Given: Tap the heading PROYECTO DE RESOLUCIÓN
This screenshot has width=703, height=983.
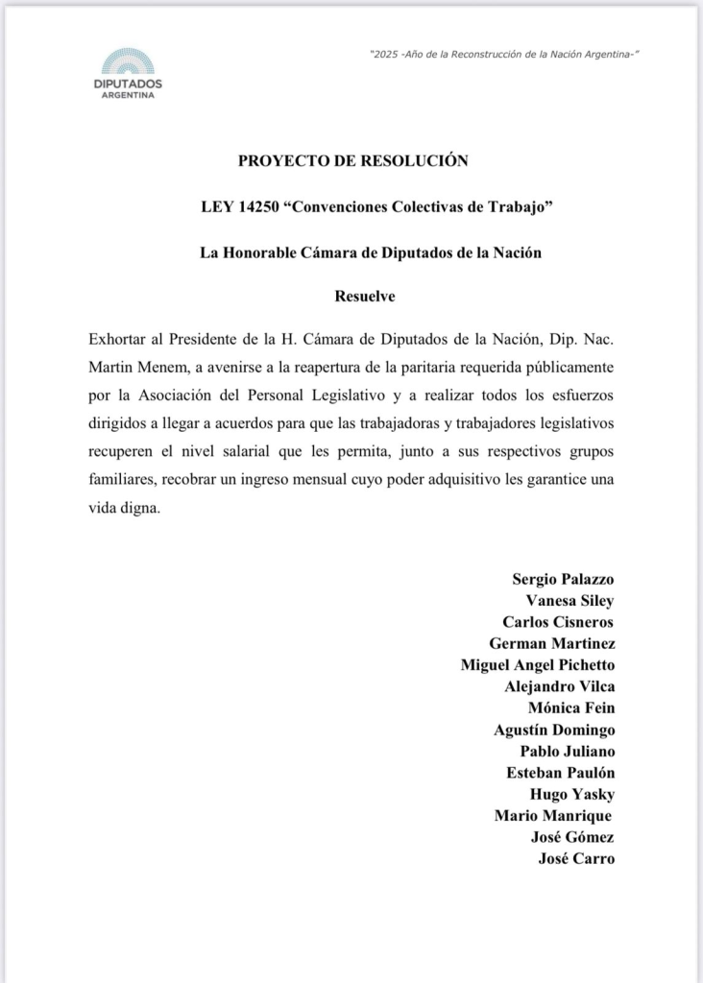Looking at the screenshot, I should point(352,160).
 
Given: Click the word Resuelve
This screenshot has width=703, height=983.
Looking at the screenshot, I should point(365,297).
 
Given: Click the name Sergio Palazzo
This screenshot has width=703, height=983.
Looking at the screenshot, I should point(563,579).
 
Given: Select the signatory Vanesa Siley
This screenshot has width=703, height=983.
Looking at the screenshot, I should point(570,601).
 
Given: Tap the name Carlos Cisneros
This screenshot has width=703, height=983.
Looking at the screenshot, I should point(558,622).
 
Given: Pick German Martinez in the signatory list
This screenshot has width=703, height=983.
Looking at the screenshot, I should point(551,643).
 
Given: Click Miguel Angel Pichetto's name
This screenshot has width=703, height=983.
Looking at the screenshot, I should point(538,664).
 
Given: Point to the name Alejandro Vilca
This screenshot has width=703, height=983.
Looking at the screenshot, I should point(559,686).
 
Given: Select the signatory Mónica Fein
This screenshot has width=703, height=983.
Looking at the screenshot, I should point(571,707).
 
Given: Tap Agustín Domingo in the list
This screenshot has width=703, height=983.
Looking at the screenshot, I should point(554,730).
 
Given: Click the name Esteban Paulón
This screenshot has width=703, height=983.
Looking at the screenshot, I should point(561,772).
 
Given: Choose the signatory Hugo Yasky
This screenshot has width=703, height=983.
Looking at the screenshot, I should point(572,794).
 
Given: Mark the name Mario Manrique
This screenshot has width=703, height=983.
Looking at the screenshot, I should point(553,815).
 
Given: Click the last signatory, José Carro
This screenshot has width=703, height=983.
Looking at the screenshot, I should point(576,858).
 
